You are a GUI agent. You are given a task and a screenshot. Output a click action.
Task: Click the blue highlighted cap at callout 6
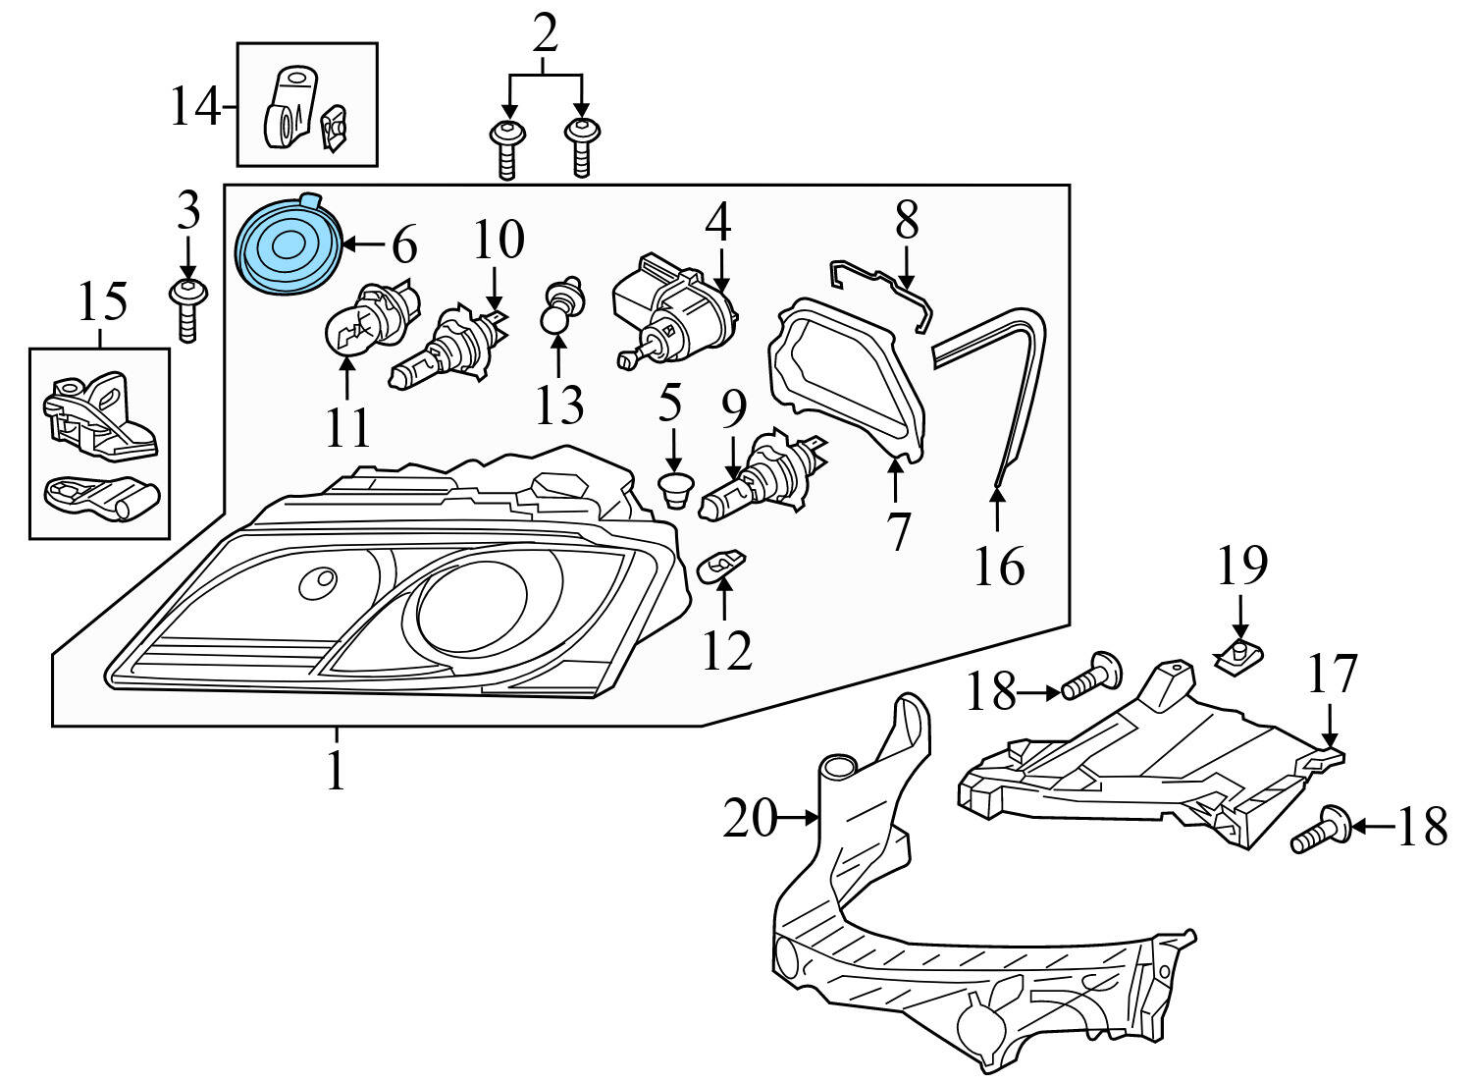click(x=288, y=245)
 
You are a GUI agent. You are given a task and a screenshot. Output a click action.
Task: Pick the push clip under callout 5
click(x=673, y=488)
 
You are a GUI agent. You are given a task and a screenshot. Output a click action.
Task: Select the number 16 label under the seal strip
click(x=998, y=567)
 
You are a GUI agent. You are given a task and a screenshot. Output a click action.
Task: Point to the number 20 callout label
click(x=749, y=818)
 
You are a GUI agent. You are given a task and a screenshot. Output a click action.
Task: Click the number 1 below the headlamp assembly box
click(x=336, y=772)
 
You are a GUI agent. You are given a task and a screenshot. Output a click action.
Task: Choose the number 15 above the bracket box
click(x=103, y=301)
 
